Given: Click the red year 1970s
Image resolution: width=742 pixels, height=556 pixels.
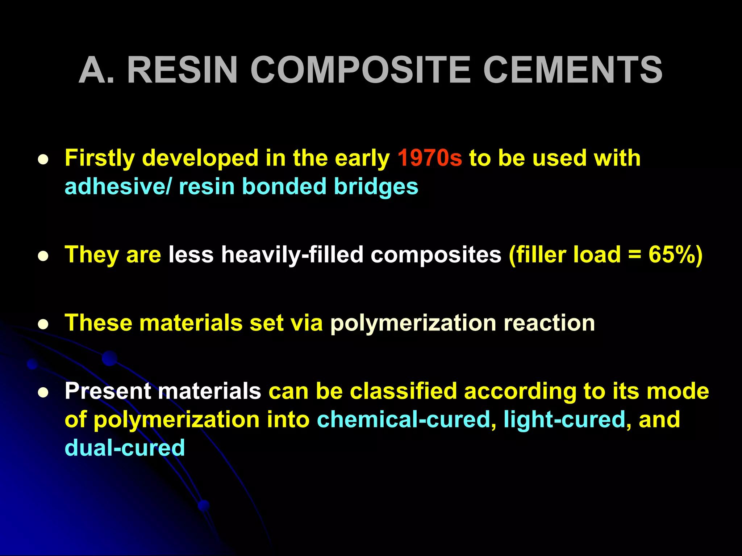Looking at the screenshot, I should (x=430, y=159).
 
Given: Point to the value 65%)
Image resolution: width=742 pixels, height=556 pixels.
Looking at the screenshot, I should (x=675, y=255).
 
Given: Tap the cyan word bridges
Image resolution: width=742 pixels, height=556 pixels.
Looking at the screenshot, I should (x=376, y=187).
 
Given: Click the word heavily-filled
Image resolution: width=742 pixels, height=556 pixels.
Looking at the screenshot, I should (x=292, y=255).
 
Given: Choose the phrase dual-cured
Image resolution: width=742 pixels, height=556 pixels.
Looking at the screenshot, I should (x=125, y=448).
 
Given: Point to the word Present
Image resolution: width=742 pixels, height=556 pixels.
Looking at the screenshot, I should (x=108, y=391).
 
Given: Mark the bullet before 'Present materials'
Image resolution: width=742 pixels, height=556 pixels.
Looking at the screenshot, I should (x=43, y=393).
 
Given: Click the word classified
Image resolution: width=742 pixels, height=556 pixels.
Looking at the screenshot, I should (x=403, y=391).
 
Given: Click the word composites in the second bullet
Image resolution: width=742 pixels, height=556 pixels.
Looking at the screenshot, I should (x=436, y=255).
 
